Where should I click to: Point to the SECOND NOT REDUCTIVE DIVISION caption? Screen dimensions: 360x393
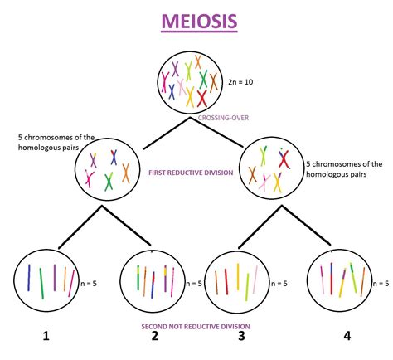196,326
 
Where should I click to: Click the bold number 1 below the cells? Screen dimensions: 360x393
46,336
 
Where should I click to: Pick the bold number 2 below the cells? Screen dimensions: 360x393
153,336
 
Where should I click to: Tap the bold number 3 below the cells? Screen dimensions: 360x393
241,336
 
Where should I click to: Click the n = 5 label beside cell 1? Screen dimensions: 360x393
94,284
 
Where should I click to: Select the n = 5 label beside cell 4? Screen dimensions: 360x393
381,284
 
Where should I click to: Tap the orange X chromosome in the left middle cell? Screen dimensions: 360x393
126,173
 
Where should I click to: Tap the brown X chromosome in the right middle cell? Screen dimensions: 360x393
253,174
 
